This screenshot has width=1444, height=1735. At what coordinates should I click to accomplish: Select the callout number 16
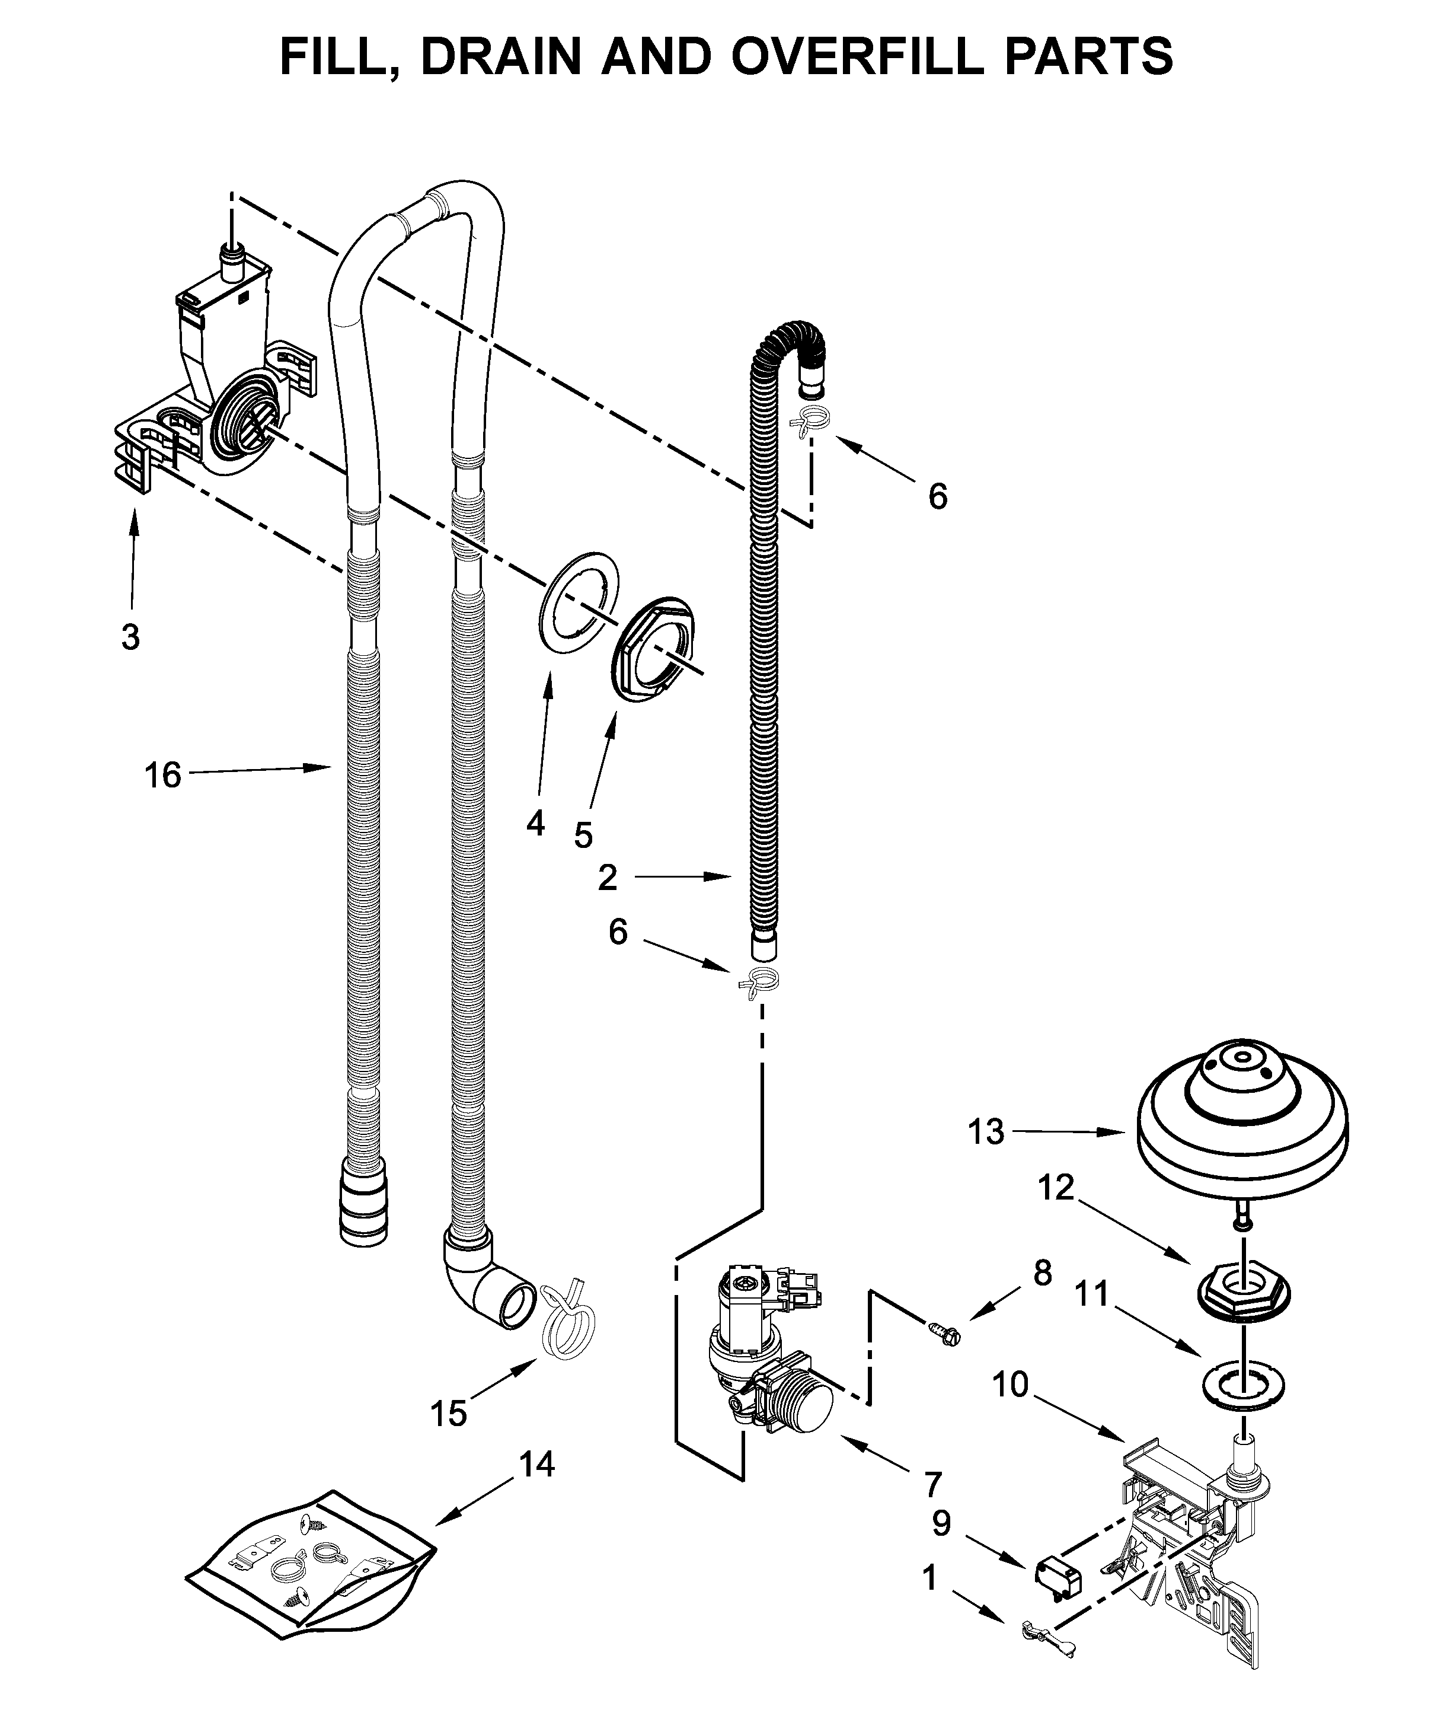(x=163, y=775)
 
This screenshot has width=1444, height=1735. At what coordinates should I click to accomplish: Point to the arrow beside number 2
(x=682, y=876)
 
